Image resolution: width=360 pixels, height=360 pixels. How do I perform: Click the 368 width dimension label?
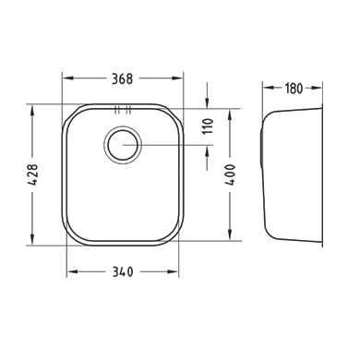pos(122,78)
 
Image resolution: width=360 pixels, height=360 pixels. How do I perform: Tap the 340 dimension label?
pos(123,272)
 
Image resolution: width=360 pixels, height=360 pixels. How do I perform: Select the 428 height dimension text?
pos(32,174)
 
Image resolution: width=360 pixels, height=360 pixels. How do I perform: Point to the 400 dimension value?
pos(230,174)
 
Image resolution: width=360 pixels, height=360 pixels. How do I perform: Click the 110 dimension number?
pos(208,126)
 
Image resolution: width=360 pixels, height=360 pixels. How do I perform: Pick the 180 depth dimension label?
pos(294,89)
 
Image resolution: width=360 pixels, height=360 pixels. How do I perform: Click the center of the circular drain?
pos(123,145)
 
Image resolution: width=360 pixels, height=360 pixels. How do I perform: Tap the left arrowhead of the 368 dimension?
pos(68,78)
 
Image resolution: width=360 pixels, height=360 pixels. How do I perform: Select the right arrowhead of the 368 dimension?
pos(177,78)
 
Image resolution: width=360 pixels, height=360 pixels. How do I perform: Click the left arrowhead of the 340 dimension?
pos(73,271)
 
